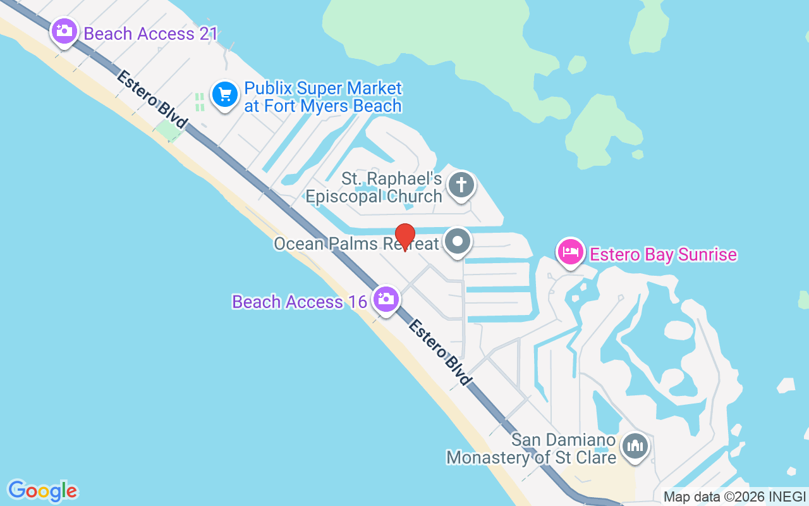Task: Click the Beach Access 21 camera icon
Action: coord(64,31)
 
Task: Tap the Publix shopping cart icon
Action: coord(224,95)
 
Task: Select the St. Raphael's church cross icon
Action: coord(461,186)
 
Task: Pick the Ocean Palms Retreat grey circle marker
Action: coord(458,242)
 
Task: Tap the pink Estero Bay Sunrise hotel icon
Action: coord(571,252)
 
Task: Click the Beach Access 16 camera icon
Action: coord(386,299)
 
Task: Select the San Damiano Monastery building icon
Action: coord(635,447)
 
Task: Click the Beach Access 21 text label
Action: coord(150,34)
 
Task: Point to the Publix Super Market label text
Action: coord(323,97)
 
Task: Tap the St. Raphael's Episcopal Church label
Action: coord(374,188)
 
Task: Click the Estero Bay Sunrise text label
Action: coord(663,254)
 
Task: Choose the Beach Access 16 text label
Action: coord(300,302)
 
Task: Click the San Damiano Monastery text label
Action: coord(531,448)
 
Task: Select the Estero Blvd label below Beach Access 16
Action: coord(440,352)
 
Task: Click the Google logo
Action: coord(42,490)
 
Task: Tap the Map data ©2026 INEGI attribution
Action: coord(734,497)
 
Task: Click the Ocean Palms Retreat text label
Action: coord(356,244)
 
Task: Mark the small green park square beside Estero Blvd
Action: coord(167,131)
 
